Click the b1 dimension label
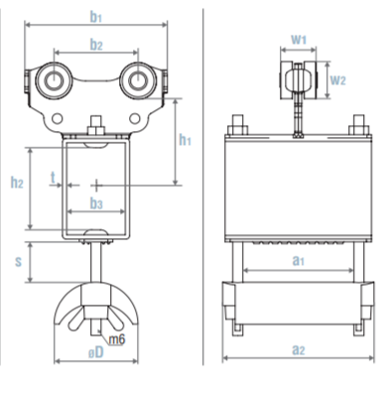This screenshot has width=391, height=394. click(x=96, y=17)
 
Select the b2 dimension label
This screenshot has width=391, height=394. click(x=96, y=45)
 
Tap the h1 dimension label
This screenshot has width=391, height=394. click(x=185, y=140)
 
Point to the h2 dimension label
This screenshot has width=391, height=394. click(x=17, y=182)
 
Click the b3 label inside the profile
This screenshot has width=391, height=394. click(x=96, y=203)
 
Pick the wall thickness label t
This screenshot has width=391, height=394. click(x=53, y=178)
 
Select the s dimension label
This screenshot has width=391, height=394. click(x=18, y=261)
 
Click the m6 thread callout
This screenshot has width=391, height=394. click(x=116, y=339)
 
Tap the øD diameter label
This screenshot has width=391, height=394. click(x=96, y=352)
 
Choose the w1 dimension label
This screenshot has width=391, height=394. click(x=299, y=40)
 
